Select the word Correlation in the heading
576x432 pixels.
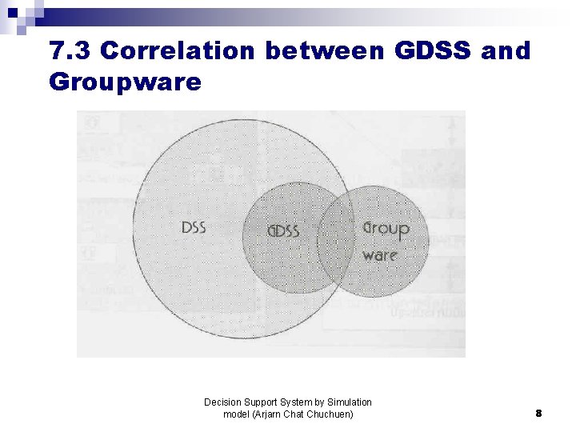(x=178, y=51)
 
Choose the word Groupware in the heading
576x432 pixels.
(x=125, y=82)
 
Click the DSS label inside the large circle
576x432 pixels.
(x=194, y=228)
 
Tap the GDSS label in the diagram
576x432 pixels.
(x=283, y=232)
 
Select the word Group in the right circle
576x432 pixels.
(x=386, y=229)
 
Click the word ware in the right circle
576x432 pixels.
(x=379, y=255)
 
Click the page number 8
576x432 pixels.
(x=538, y=414)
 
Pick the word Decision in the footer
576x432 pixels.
(x=222, y=402)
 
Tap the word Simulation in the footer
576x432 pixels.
(x=350, y=402)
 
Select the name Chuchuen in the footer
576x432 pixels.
(x=331, y=414)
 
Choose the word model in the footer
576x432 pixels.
(x=237, y=414)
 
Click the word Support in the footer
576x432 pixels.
(x=259, y=402)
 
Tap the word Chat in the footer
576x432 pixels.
(x=297, y=414)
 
